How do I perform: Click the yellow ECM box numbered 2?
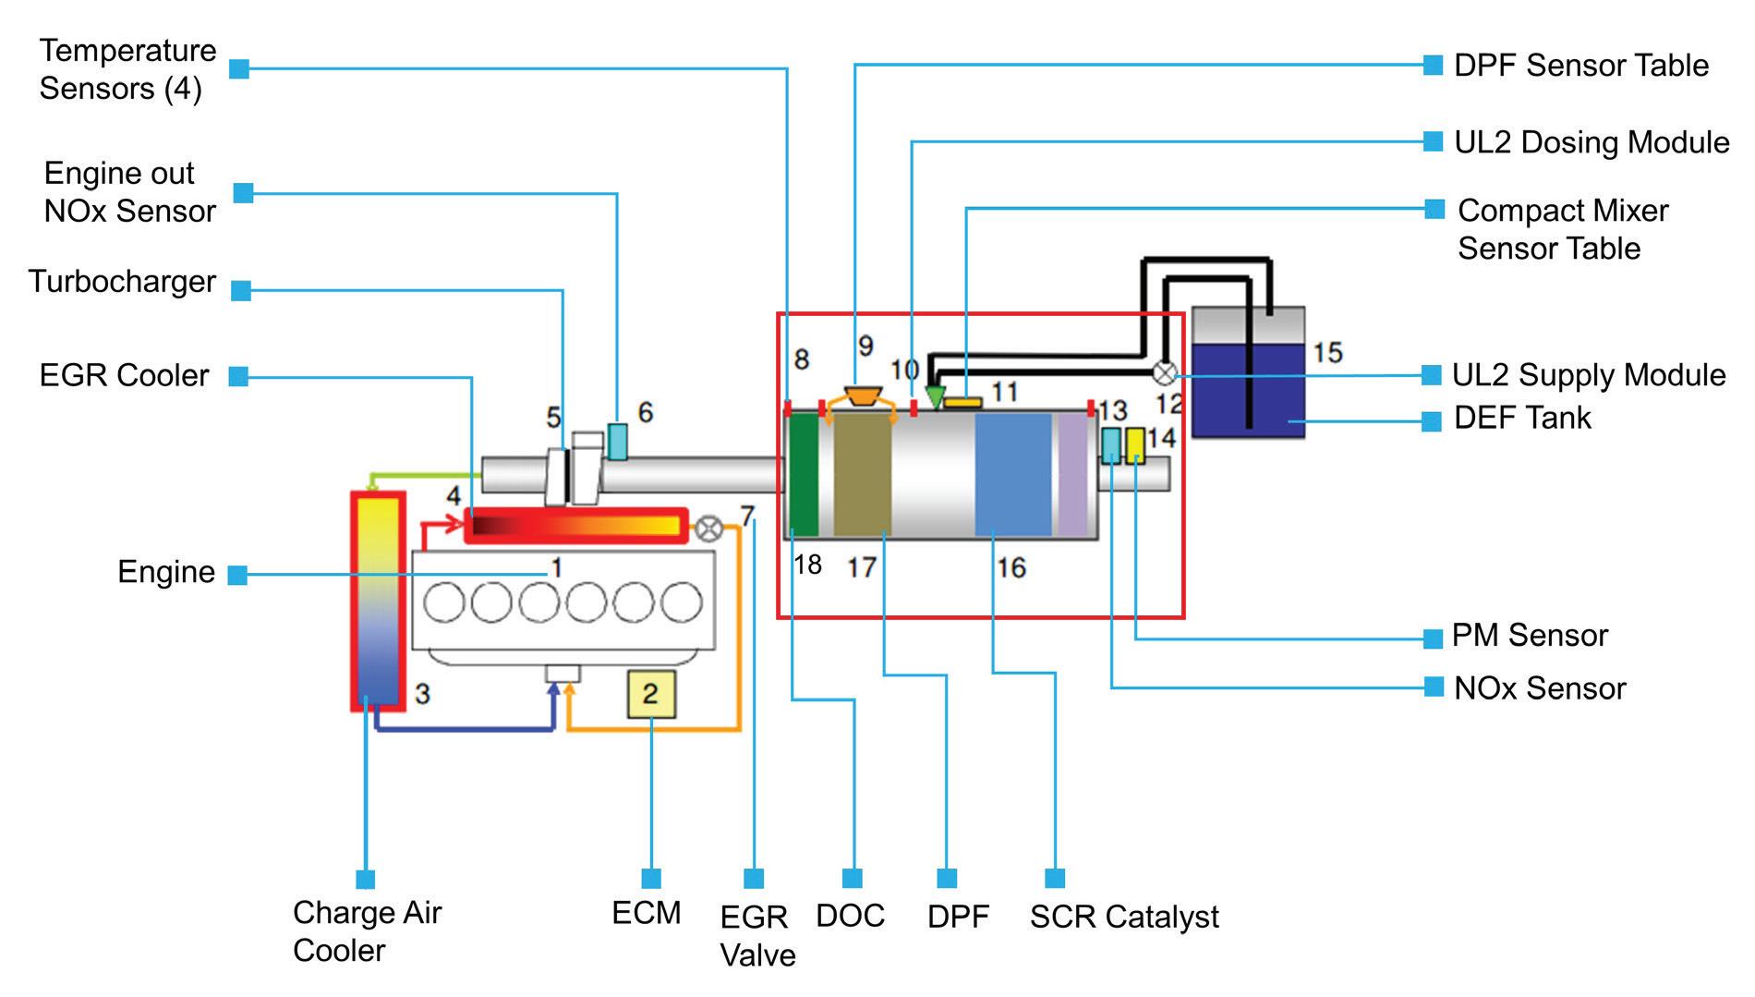point(651,694)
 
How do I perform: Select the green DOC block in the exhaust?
point(804,475)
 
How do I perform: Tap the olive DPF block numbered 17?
point(863,475)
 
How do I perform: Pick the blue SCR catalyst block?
point(1013,475)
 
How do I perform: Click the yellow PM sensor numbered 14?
point(1135,445)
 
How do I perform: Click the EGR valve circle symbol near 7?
point(709,528)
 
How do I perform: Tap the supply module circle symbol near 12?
point(1167,373)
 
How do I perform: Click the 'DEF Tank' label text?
point(1522,418)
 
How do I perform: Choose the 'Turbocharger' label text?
point(122,282)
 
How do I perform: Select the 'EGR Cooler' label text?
point(125,376)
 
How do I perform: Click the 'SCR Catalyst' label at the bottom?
point(1124,917)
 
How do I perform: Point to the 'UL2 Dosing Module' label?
point(1591,142)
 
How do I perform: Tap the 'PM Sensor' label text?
point(1530,636)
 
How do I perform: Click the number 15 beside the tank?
point(1327,352)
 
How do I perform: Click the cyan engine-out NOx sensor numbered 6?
point(617,441)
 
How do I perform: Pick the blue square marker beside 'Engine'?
point(237,575)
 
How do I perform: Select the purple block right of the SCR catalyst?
point(1072,475)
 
